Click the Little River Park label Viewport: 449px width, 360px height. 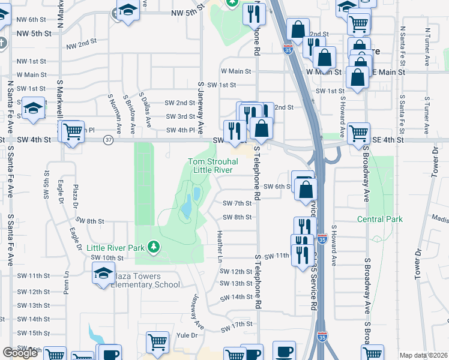(115, 247)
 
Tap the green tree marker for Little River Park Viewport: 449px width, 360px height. (154, 247)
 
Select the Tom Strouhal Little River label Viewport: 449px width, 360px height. (213, 166)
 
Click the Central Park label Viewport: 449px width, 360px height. (379, 219)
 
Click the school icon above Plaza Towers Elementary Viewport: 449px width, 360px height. (103, 274)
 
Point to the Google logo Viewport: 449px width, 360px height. (20, 353)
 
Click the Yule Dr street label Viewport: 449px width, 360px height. (186, 335)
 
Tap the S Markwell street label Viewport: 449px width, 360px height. (59, 96)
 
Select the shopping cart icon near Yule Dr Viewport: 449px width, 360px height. (157, 342)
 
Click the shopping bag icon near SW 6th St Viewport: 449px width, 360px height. (306, 188)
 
